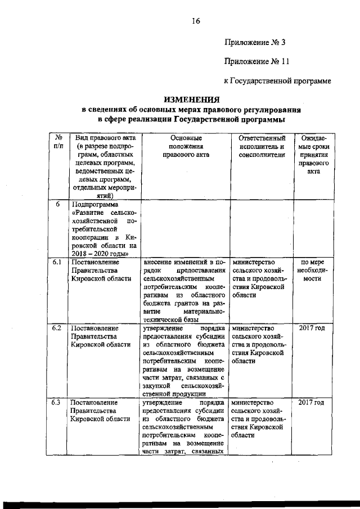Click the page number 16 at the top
[x=195, y=21]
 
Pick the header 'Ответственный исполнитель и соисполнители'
[x=262, y=145]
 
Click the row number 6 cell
[x=58, y=205]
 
